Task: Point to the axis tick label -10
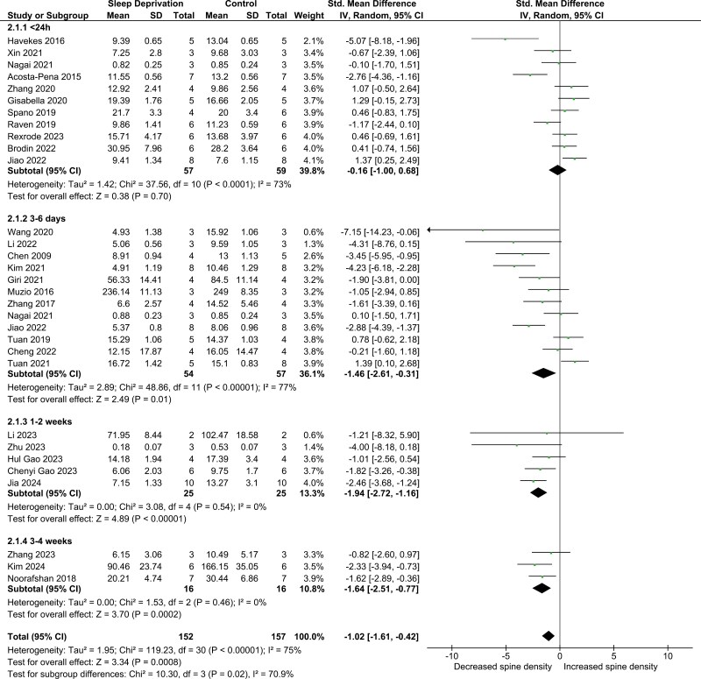[x=451, y=654]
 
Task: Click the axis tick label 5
[x=613, y=654]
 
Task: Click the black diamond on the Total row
[x=549, y=635]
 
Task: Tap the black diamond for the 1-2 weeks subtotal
[x=538, y=492]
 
